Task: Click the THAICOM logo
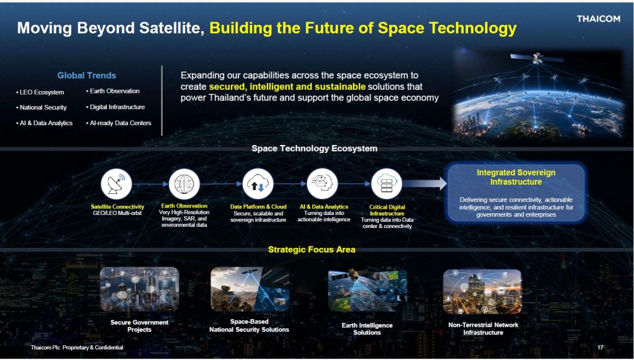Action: (x=599, y=19)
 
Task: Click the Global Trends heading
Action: (x=87, y=75)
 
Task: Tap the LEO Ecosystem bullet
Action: (x=40, y=92)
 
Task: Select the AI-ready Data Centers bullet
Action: (x=118, y=123)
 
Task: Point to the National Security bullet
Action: (x=41, y=108)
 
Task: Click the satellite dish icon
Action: (x=116, y=184)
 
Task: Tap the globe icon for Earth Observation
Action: (x=185, y=184)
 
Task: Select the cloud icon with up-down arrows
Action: (x=258, y=184)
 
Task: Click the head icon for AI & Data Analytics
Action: (x=322, y=184)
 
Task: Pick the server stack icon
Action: (x=386, y=184)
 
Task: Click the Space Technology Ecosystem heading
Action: (x=315, y=149)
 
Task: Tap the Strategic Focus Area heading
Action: (x=312, y=250)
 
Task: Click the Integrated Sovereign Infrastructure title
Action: (x=516, y=177)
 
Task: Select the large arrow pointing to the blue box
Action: (x=425, y=183)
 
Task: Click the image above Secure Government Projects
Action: (x=139, y=289)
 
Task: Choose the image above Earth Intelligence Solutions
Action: (x=367, y=291)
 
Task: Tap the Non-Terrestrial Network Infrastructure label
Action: (x=483, y=328)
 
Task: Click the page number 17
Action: (x=601, y=348)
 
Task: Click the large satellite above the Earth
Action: (x=537, y=58)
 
